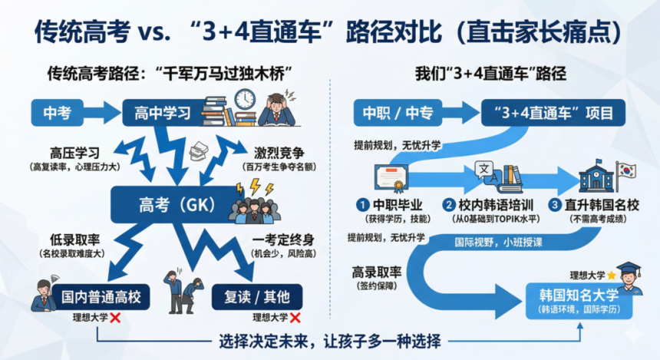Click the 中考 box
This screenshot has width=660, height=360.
[x=58, y=113]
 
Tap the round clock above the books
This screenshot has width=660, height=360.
[x=245, y=99]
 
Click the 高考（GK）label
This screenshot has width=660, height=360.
[x=177, y=205]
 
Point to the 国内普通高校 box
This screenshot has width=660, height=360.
[x=101, y=297]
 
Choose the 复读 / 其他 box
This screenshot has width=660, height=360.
[x=257, y=297]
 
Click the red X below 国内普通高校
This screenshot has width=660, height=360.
[x=115, y=318]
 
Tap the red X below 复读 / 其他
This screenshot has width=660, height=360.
[x=295, y=318]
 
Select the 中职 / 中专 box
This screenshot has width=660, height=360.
[x=398, y=113]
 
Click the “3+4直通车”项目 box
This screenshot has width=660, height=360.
[x=553, y=113]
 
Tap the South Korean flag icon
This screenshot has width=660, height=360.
[x=626, y=171]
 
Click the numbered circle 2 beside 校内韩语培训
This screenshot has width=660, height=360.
[x=449, y=205]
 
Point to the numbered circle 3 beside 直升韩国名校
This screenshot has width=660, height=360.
[x=555, y=205]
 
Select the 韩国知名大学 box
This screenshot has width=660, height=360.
[x=579, y=301]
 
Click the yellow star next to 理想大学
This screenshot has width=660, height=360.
[x=611, y=276]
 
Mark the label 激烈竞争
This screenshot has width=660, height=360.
[x=279, y=153]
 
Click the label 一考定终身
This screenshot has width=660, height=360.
[x=283, y=240]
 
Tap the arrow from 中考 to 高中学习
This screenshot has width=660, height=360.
[x=102, y=113]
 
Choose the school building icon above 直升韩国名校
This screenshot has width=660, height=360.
[x=596, y=176]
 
